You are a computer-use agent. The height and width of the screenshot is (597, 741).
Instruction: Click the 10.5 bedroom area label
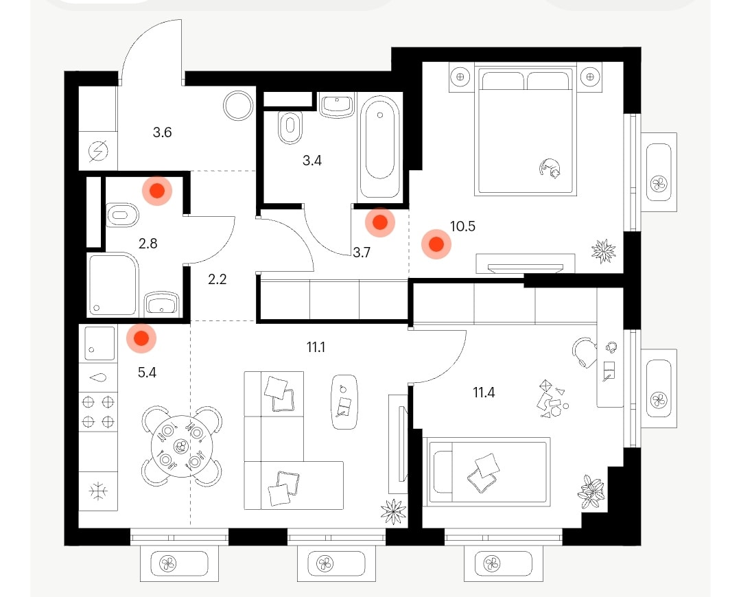click(462, 226)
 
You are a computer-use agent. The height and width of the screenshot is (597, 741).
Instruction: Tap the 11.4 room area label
click(484, 393)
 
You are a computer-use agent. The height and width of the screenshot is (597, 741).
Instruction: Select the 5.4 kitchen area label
click(147, 373)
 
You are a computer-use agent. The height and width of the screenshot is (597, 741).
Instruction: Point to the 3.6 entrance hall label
click(162, 132)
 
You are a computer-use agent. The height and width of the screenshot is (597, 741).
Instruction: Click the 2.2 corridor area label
click(217, 279)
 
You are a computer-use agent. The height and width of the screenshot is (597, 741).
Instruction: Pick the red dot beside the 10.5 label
click(436, 244)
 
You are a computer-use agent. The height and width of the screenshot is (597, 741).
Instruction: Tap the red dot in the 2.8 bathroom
click(157, 191)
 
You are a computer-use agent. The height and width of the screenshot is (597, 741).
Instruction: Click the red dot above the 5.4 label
click(141, 338)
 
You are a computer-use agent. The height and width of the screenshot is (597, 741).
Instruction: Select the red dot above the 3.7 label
click(380, 222)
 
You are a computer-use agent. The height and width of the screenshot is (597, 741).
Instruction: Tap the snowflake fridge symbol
click(98, 491)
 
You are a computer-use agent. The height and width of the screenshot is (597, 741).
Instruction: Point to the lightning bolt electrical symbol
click(98, 151)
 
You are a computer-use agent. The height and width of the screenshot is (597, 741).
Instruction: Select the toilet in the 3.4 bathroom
click(290, 128)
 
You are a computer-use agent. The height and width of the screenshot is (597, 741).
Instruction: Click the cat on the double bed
click(550, 168)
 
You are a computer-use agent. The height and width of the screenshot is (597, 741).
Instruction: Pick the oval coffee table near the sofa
click(344, 402)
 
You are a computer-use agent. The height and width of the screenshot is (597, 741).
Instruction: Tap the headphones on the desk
click(611, 347)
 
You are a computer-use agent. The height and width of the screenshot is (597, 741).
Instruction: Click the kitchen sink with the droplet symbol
click(98, 377)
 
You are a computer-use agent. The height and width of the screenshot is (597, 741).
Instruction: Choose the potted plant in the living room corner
click(393, 511)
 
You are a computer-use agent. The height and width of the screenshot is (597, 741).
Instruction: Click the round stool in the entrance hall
click(238, 106)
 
